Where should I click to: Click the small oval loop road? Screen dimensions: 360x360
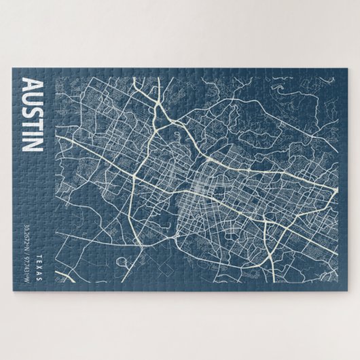(x=124, y=261)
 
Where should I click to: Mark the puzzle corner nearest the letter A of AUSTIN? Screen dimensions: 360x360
(x=13, y=67)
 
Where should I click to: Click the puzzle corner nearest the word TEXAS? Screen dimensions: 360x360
(x=13, y=293)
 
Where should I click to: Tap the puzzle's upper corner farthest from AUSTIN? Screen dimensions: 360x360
(x=346, y=67)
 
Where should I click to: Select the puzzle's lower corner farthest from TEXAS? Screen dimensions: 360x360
(x=346, y=293)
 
